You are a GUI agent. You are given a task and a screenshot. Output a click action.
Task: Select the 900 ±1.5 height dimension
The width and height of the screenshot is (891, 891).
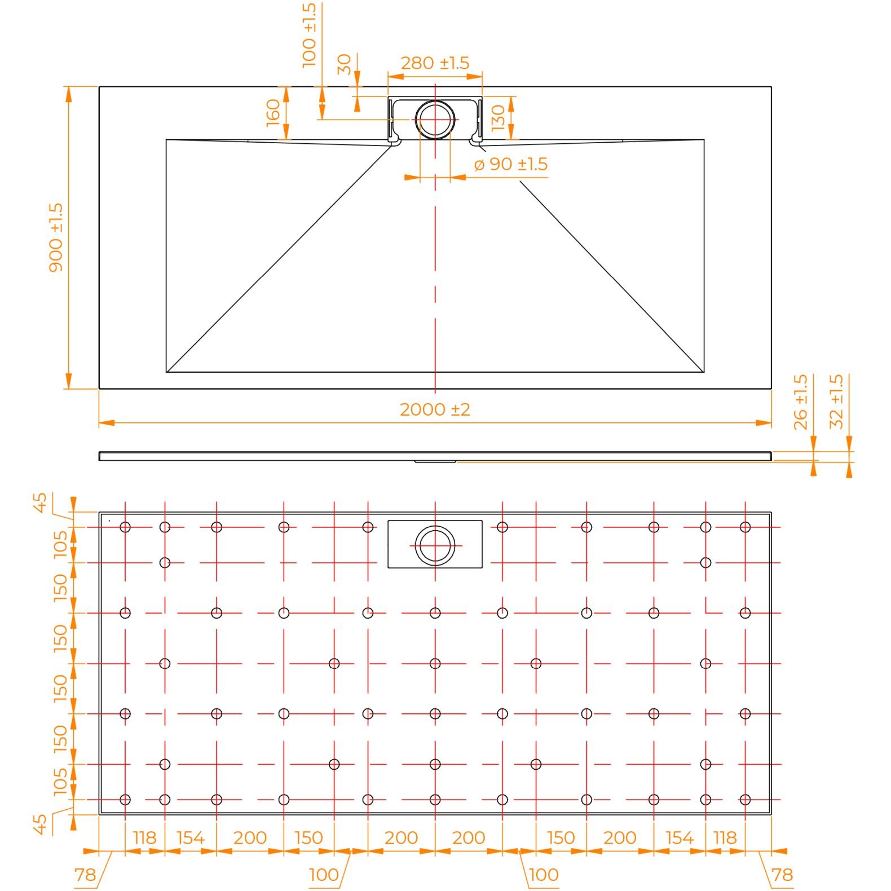point(56,237)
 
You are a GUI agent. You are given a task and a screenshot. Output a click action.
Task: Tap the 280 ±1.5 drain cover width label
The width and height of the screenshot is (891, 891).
point(435,63)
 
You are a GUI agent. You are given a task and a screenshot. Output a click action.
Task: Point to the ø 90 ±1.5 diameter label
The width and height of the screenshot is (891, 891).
point(511,164)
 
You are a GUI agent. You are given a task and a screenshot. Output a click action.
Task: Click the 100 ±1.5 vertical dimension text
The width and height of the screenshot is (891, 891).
point(310,36)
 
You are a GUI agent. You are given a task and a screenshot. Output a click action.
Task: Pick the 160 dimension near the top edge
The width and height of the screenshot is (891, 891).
point(273,112)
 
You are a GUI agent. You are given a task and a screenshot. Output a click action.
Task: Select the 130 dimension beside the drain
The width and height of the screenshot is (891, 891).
point(498,118)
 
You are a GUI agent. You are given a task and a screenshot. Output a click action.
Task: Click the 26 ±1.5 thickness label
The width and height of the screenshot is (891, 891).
point(801,402)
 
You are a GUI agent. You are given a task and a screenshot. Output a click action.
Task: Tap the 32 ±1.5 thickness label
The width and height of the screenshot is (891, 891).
point(837,402)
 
